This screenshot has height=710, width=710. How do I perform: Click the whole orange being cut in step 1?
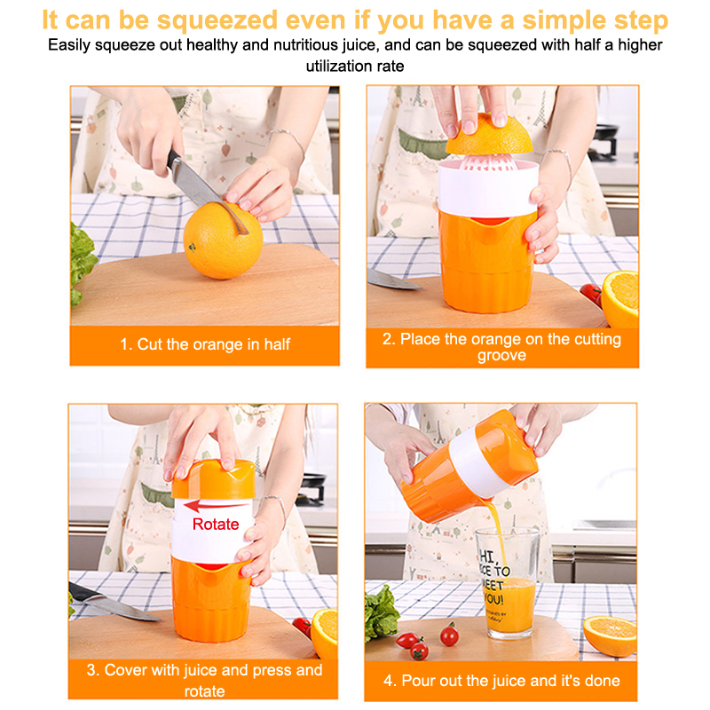coord(223,241)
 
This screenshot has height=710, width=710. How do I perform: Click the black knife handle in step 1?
coord(173,159)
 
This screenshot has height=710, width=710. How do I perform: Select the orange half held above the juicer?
coord(489,135)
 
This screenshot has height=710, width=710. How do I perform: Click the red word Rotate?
coord(216,524)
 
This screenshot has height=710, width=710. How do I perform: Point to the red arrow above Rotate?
coord(216,505)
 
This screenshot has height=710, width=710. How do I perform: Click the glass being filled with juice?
coord(508,583)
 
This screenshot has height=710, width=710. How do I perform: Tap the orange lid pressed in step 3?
coord(213,479)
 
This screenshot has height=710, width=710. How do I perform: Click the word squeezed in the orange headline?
coord(217,21)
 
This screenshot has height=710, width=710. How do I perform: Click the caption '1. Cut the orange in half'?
coord(205,344)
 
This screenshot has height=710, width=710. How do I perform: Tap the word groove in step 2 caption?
coord(501,356)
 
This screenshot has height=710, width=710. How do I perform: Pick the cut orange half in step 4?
coord(610,636)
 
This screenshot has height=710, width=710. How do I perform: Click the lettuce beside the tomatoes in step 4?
coord(382,612)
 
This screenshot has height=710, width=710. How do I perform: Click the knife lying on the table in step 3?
coord(113,603)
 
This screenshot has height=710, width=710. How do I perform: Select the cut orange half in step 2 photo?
coord(619,299)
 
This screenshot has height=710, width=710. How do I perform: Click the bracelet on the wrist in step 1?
coord(288,140)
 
